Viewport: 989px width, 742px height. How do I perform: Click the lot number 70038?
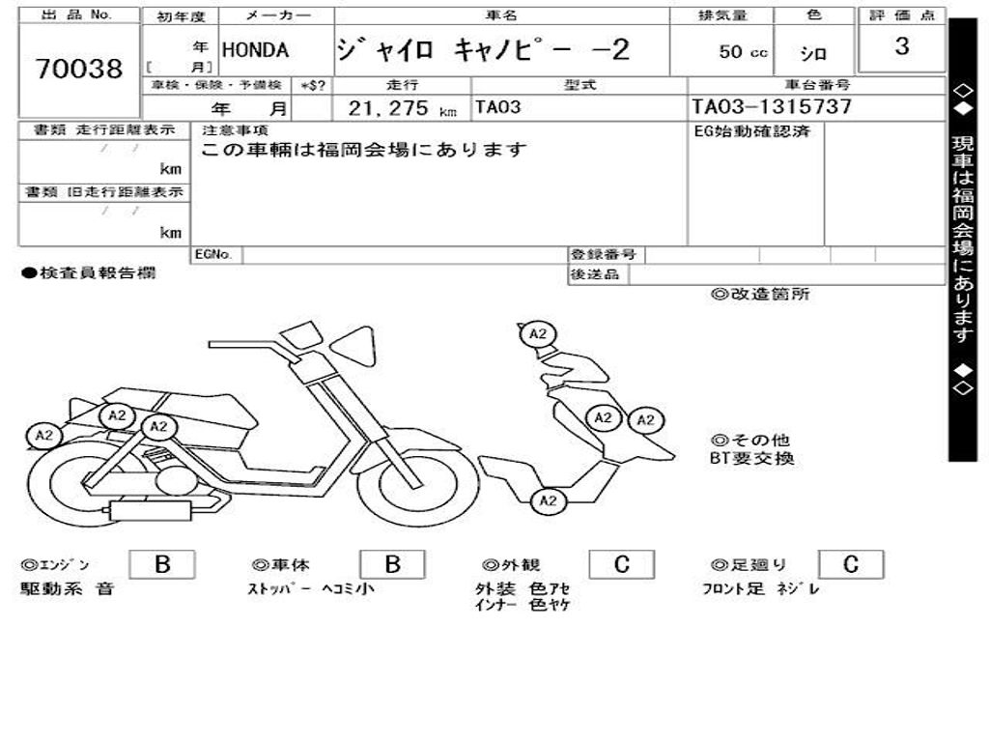[79, 69]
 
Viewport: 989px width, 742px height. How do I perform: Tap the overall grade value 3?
[901, 46]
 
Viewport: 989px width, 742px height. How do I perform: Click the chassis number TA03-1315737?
[772, 107]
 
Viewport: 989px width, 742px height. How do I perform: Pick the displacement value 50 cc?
[743, 52]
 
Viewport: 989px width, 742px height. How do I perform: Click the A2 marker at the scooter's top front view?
[538, 334]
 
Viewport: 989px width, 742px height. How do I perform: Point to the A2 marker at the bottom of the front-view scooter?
[548, 499]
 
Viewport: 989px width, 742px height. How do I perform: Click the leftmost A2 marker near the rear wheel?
[44, 436]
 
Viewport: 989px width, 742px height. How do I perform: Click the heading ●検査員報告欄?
[88, 273]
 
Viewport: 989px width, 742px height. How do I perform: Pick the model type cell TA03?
[497, 107]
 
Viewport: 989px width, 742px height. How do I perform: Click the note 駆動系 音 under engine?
[67, 588]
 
